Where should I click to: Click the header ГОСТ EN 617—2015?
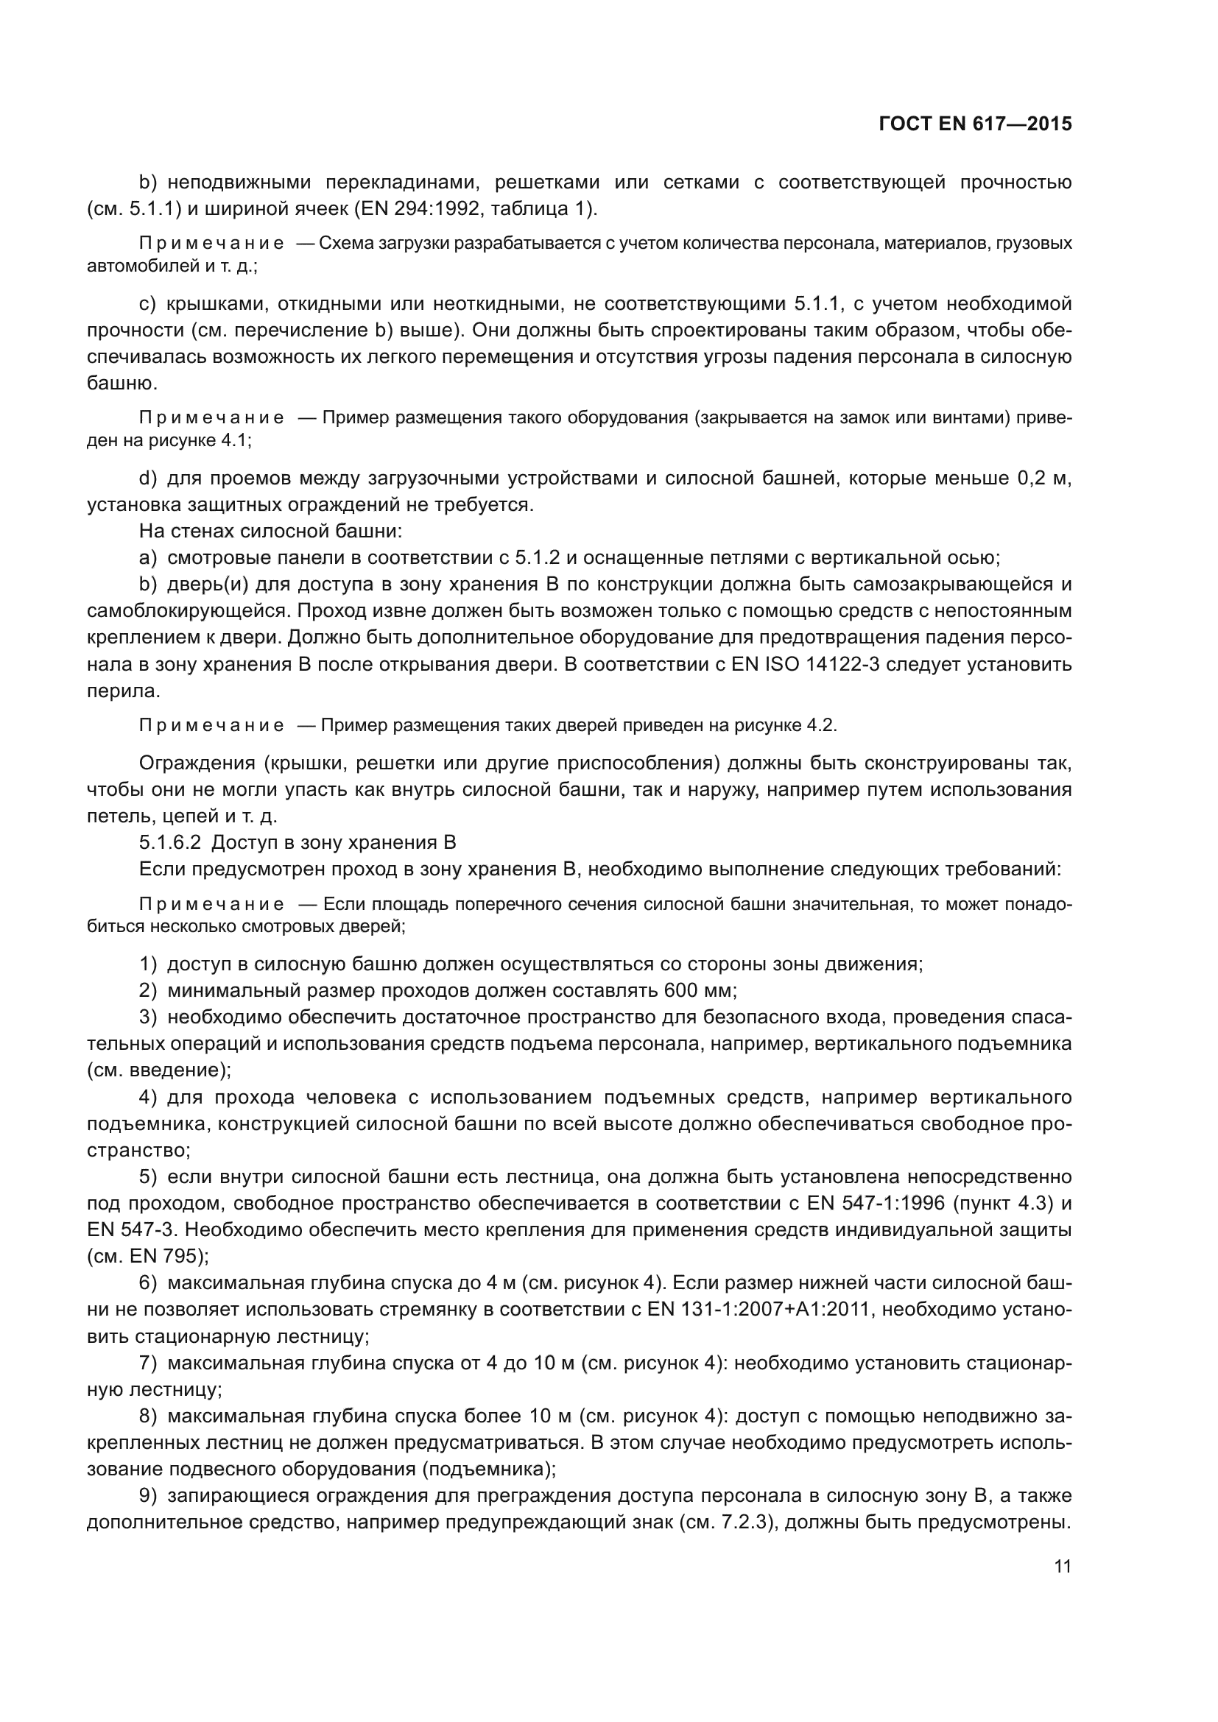[974, 124]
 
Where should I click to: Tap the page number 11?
[1062, 1566]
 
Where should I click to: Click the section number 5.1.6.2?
[169, 842]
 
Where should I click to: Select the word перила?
[123, 691]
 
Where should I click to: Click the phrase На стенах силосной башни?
[270, 531]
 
